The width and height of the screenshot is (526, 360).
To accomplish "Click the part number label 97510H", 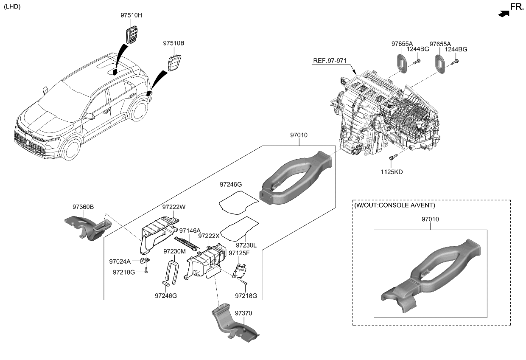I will click(x=131, y=16).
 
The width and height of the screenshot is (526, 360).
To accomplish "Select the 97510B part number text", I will click(x=174, y=43).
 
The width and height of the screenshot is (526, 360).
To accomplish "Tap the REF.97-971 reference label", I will click(x=329, y=61).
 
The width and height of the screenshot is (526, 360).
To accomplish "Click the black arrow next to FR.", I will click(x=503, y=14).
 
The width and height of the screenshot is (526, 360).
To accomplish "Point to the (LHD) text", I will click(x=12, y=6).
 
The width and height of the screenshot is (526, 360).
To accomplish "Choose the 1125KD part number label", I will click(x=392, y=172).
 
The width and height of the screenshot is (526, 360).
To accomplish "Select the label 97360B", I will click(x=83, y=207).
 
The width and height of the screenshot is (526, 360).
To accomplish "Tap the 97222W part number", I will click(x=174, y=207).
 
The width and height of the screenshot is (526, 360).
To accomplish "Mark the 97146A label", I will click(x=190, y=231).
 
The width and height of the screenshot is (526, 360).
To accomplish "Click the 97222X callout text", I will click(x=209, y=236).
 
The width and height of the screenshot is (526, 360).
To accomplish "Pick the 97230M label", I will click(x=174, y=251).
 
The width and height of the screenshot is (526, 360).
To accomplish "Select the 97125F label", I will click(x=240, y=253).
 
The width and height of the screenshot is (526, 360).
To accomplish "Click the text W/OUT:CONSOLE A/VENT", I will click(x=394, y=205).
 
